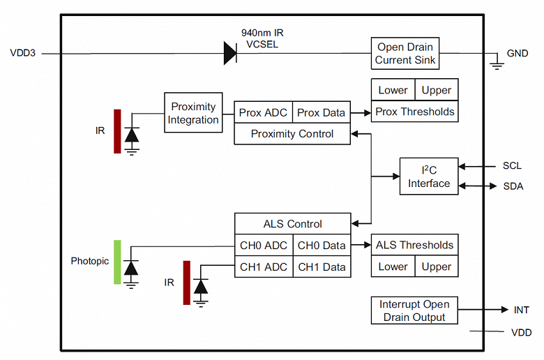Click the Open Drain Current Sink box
[405, 54]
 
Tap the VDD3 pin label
[23, 53]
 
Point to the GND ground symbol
[497, 63]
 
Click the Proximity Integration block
[193, 113]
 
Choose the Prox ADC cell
[263, 112]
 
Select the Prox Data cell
[321, 112]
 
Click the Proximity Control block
[292, 134]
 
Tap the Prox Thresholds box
[414, 112]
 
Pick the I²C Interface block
[428, 177]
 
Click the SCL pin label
[512, 166]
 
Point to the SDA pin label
[513, 186]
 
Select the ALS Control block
[292, 224]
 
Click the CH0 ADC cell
[263, 246]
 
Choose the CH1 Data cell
[321, 267]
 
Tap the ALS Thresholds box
[414, 245]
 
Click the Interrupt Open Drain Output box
[414, 310]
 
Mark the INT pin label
[520, 310]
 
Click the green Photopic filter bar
[117, 262]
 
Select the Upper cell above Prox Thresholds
[437, 90]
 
